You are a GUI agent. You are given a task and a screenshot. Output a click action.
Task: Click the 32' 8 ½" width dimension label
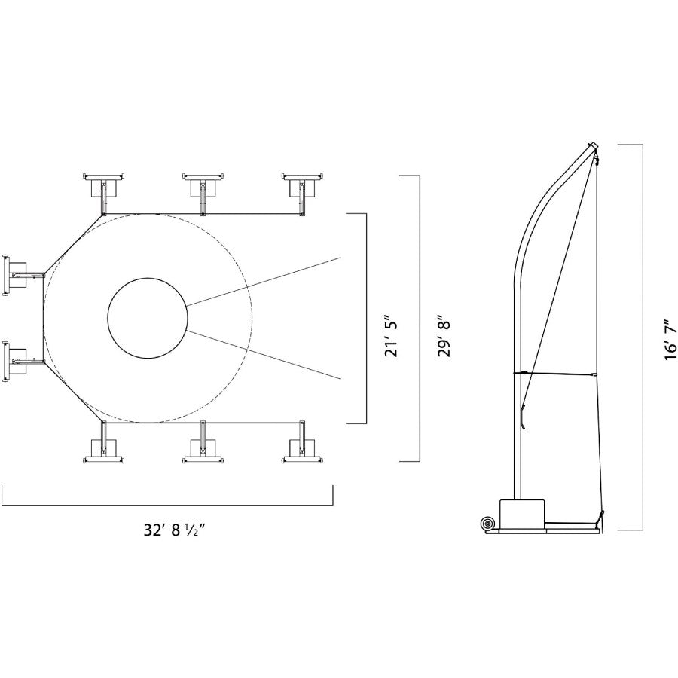tap(173, 530)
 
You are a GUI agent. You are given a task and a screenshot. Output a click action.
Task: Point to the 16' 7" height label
tap(670, 340)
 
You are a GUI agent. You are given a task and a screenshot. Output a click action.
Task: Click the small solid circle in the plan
tap(148, 318)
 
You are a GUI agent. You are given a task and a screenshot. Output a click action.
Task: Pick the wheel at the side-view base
tap(487, 524)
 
